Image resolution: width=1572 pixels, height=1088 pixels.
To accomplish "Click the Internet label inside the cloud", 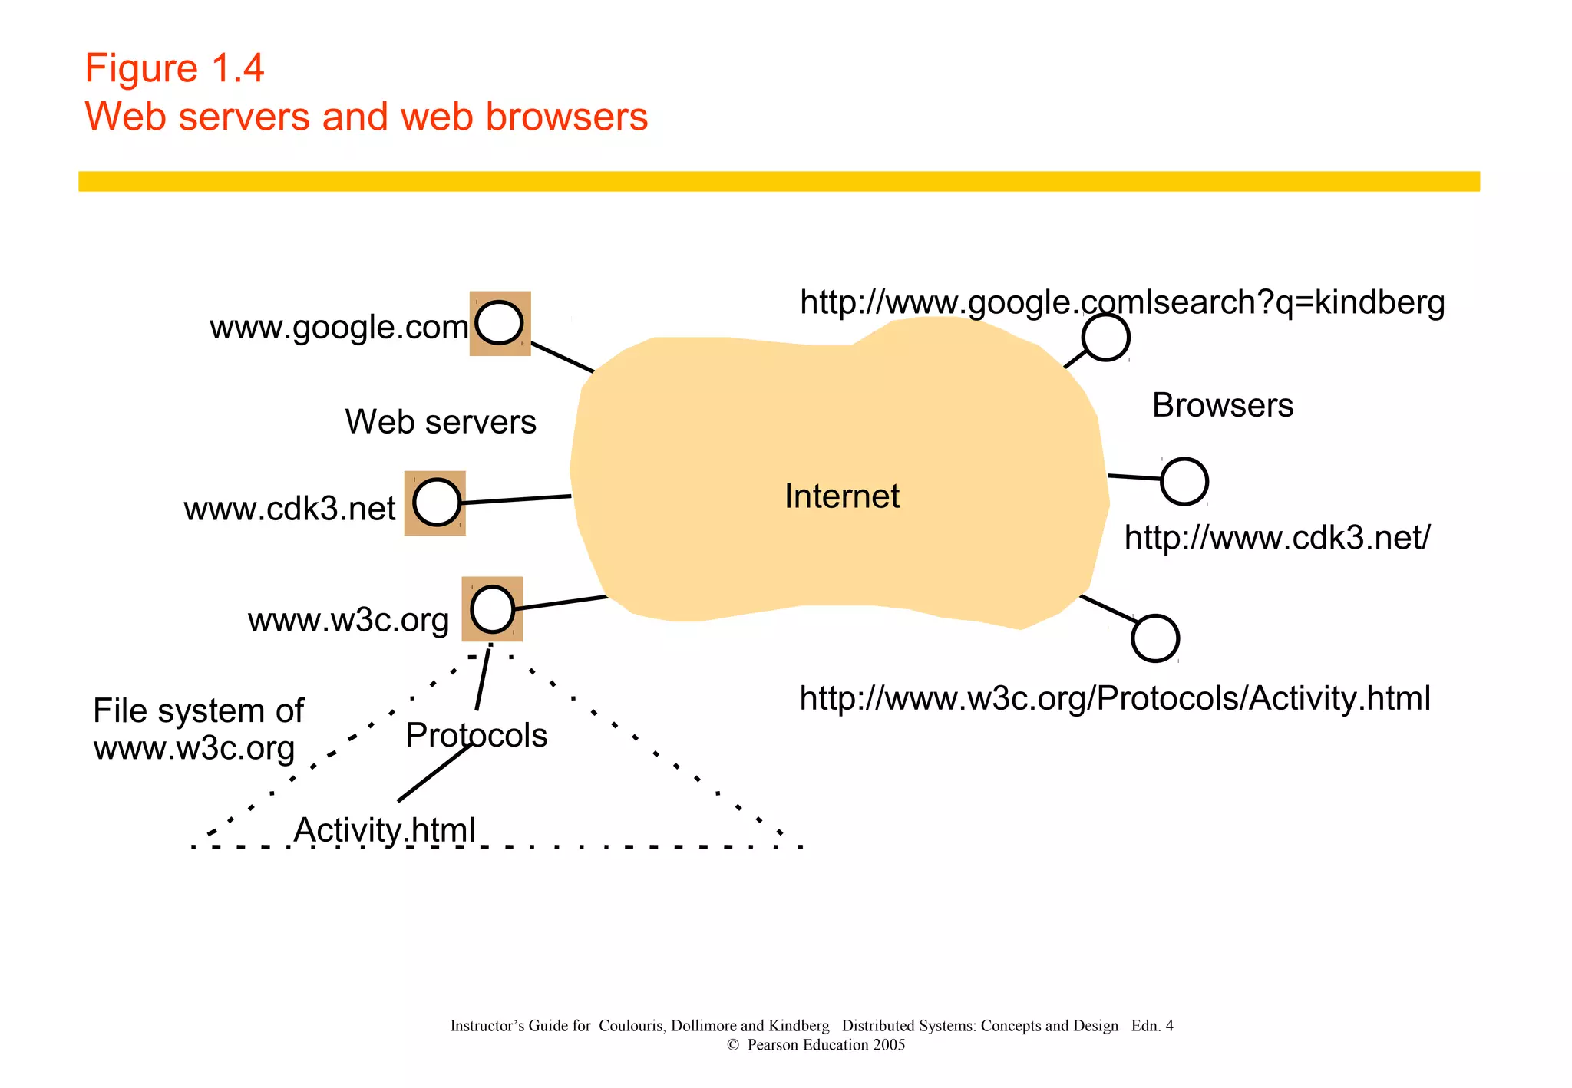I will [x=841, y=496].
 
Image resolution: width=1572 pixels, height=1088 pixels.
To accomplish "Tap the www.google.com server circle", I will [x=499, y=323].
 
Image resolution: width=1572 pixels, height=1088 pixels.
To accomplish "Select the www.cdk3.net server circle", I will [x=437, y=503].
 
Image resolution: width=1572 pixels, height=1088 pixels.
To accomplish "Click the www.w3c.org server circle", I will [x=492, y=609].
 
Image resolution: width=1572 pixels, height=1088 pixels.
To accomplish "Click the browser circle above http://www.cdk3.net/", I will [x=1184, y=481].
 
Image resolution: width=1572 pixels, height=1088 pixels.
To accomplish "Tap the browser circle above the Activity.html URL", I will [x=1155, y=638].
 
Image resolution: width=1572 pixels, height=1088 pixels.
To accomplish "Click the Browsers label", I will [x=1222, y=405].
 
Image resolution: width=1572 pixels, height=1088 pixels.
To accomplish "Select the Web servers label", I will [x=441, y=422].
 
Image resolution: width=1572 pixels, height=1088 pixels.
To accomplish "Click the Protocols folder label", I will [x=476, y=735].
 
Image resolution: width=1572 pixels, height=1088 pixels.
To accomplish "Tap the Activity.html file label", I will [x=385, y=830].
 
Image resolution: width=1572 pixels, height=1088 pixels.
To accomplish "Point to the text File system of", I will [x=198, y=710].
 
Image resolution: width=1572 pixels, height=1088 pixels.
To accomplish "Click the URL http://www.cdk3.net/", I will [x=1276, y=538].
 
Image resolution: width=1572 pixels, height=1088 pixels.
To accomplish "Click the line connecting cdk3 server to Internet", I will [x=517, y=499].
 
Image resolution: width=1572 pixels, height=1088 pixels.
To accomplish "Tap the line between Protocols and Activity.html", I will [x=434, y=773].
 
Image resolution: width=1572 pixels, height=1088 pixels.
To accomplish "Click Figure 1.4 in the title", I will [x=174, y=68].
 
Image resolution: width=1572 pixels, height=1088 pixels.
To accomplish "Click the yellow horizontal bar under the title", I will [x=778, y=181].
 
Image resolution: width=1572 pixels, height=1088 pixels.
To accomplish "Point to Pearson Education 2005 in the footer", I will [x=825, y=1045].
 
